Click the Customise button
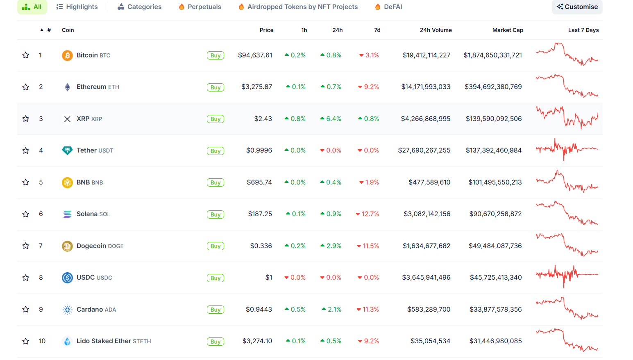[577, 7]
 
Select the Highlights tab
[77, 7]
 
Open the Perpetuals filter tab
[200, 7]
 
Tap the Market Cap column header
[507, 30]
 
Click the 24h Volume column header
[436, 30]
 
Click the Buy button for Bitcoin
[216, 55]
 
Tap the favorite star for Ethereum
[26, 87]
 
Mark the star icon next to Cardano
[26, 310]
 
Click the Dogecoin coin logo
[67, 246]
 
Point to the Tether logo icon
[67, 150]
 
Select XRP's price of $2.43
[263, 119]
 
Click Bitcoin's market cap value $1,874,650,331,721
[492, 55]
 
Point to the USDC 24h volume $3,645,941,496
[426, 278]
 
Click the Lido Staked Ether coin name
[104, 341]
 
